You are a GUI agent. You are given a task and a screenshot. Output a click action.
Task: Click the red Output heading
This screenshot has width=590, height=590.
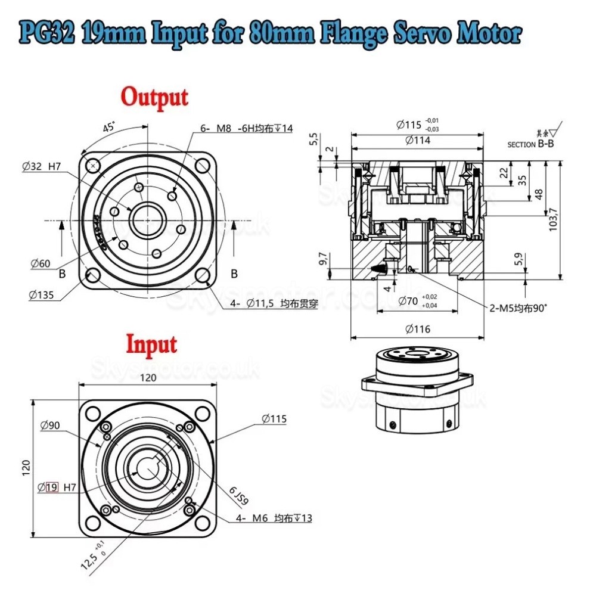[154, 97]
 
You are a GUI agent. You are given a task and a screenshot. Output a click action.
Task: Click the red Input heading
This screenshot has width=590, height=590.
[151, 344]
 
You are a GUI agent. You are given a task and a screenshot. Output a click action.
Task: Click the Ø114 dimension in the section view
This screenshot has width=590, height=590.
[417, 141]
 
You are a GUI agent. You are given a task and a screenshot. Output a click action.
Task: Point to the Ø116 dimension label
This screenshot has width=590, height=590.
[417, 329]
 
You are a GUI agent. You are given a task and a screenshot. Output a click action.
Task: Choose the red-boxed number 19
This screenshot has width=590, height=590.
[52, 487]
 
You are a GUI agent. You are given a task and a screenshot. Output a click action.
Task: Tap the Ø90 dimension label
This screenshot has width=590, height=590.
[51, 426]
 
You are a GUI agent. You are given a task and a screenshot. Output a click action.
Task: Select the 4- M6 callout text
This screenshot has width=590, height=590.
[274, 518]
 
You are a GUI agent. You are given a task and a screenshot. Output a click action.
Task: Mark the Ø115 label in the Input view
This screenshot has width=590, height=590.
[274, 419]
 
